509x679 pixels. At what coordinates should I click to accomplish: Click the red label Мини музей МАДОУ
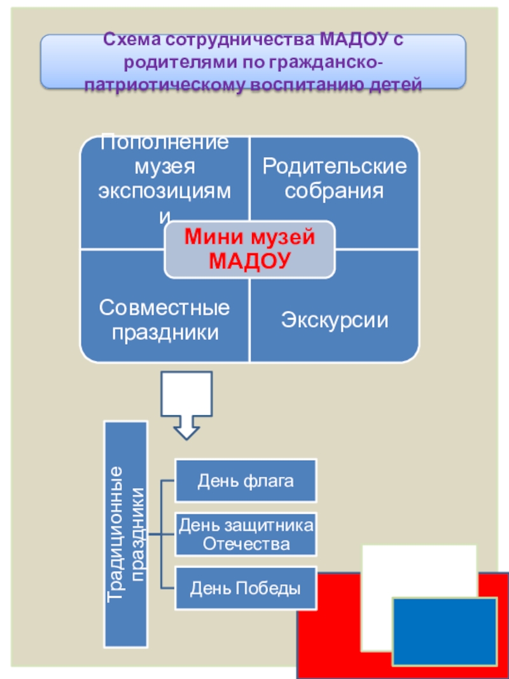click(x=249, y=249)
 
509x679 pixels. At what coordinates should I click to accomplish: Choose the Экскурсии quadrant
click(x=335, y=319)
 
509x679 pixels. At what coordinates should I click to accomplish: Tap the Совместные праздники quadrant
click(x=164, y=320)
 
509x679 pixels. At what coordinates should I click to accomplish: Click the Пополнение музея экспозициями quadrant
click(x=164, y=178)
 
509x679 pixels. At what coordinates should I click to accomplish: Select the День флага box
click(x=246, y=480)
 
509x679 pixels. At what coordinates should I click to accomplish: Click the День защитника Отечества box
click(x=246, y=535)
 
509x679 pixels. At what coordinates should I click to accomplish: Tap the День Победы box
click(x=246, y=588)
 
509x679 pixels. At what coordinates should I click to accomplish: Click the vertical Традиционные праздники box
click(x=126, y=533)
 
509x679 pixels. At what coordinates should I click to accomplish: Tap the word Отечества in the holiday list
click(x=246, y=545)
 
